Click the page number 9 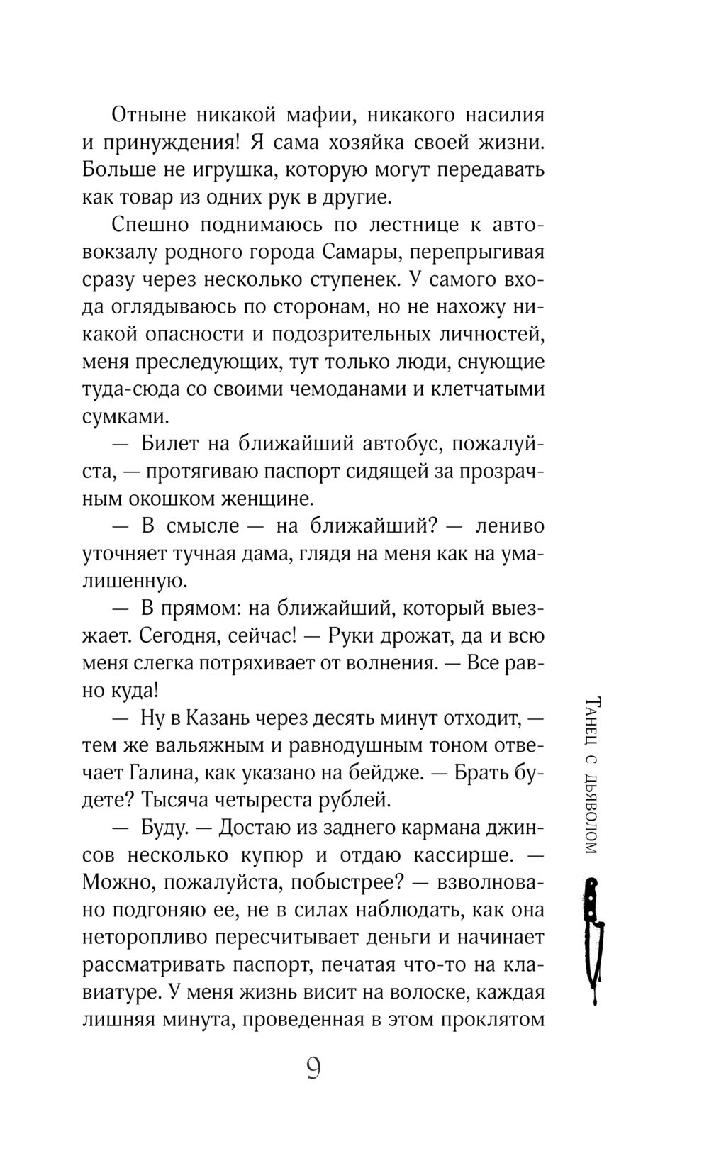pyautogui.click(x=313, y=1068)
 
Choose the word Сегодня pyautogui.click(x=179, y=637)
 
